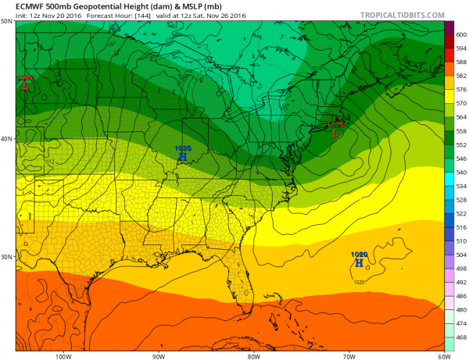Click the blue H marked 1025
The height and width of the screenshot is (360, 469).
tap(182, 156)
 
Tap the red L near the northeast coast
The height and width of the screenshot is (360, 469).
tap(335, 132)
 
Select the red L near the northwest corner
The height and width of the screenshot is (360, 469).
tap(26, 86)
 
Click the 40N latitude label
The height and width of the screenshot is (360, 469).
tap(7, 139)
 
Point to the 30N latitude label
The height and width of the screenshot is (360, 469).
tap(7, 256)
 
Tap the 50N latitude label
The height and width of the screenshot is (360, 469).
tap(7, 21)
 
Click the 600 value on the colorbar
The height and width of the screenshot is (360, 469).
tap(460, 34)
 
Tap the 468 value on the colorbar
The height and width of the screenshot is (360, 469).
tap(460, 337)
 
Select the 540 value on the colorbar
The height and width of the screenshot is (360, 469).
tap(460, 172)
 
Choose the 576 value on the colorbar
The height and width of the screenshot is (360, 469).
tap(460, 89)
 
